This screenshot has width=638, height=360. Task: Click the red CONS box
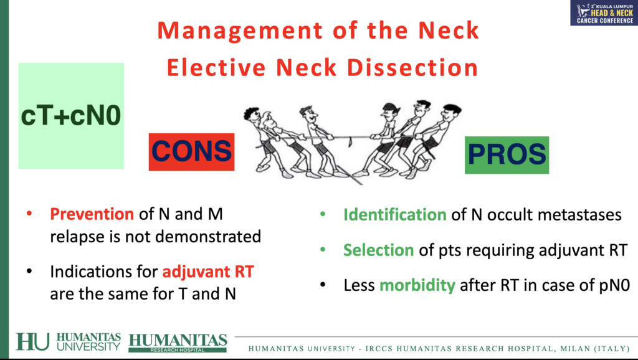coord(191,152)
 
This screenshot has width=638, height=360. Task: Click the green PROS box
coord(507,155)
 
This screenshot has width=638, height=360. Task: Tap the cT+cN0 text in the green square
coord(71,115)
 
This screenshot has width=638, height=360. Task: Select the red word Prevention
coord(92,214)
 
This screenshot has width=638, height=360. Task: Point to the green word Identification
coord(394,215)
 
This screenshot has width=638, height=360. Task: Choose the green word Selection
coord(378,250)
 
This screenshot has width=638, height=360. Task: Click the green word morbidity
coord(417,285)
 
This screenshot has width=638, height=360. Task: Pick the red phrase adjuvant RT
coord(208,272)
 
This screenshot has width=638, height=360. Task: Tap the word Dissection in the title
coord(412,67)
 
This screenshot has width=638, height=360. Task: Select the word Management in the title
coord(240,31)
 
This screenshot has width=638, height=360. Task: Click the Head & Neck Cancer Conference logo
coord(604,13)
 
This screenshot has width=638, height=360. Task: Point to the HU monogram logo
coord(32,342)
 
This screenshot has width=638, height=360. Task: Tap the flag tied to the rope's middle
coord(350,142)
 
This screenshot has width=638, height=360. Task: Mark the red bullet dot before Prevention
coord(29,214)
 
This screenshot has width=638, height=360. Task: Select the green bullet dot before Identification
coord(323,214)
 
